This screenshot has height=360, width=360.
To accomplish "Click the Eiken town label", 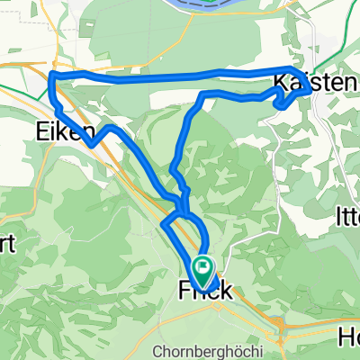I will [x=67, y=132].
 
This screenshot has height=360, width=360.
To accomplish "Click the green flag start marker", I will [x=202, y=266].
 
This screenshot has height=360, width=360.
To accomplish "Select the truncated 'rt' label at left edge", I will [x=6, y=247].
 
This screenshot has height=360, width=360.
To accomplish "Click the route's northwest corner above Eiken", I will [x=52, y=75].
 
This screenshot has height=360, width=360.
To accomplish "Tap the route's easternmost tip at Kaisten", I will [x=310, y=88].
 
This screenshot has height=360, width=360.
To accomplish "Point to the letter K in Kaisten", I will [x=280, y=82].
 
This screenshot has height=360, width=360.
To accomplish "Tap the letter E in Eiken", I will [x=45, y=132].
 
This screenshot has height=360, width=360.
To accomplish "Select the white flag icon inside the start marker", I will [x=202, y=265].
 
